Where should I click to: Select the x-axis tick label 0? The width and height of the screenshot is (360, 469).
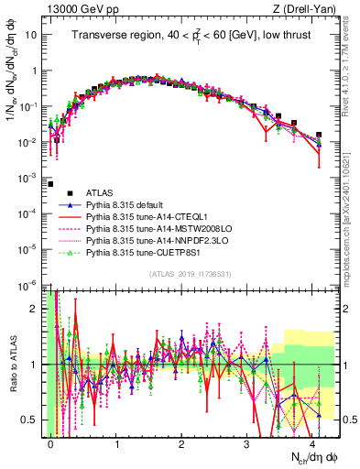(x=51, y=442)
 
